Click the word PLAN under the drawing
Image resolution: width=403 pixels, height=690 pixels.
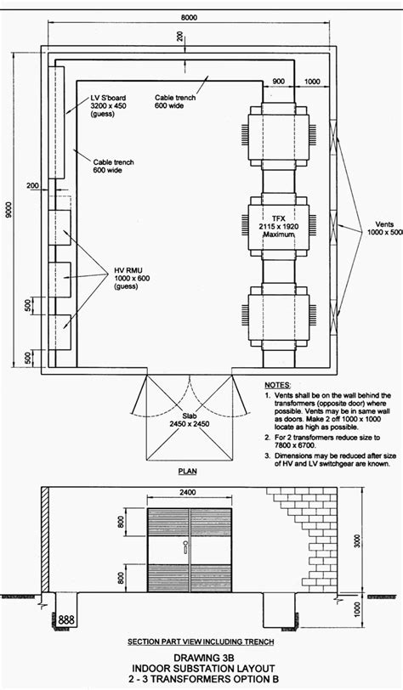tap(189, 470)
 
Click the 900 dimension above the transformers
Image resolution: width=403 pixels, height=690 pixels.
tap(279, 81)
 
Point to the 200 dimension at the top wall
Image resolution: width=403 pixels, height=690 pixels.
tap(179, 37)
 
